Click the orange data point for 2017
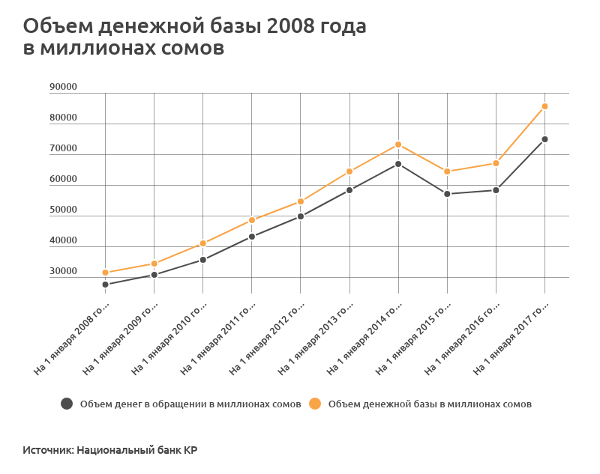point(544,106)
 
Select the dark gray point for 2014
point(398,164)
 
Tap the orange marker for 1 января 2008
point(105,273)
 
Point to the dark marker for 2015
point(447,194)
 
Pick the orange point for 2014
point(398,145)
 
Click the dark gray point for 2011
point(252,237)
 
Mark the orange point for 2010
point(202,243)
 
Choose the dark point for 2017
point(544,139)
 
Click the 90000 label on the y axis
point(63,87)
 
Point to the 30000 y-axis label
point(63,271)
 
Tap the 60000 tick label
point(63,179)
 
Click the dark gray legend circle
point(67,404)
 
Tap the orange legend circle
point(315,404)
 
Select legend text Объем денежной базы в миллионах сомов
point(430,404)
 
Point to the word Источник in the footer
point(47,451)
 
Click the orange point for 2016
point(496,163)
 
